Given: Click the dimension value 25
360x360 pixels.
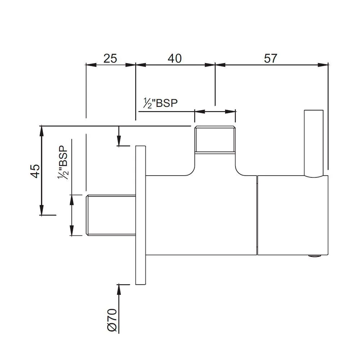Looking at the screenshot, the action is click(110, 59).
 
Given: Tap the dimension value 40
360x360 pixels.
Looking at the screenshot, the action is click(175, 59).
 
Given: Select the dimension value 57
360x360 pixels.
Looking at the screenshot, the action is click(271, 59).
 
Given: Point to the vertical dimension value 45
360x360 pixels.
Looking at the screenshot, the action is click(35, 171).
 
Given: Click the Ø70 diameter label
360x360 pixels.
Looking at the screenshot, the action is click(112, 321).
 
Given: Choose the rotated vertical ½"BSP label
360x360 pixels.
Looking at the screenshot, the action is click(63, 163).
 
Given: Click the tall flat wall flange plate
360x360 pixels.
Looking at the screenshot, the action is click(140, 215).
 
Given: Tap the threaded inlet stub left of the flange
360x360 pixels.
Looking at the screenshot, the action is click(111, 215).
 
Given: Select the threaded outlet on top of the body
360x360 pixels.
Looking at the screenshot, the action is click(215, 139).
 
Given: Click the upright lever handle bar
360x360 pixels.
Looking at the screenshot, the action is click(314, 144).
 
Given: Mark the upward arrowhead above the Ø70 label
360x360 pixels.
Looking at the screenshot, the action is click(119, 290).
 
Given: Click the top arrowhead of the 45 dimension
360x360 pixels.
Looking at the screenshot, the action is click(41, 131).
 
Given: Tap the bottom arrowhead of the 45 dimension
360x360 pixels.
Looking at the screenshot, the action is click(41, 210).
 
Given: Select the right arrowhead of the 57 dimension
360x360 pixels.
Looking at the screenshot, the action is click(323, 65).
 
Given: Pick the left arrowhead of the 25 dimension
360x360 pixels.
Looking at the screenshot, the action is click(91, 65).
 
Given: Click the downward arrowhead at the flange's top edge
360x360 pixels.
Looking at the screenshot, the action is click(119, 140).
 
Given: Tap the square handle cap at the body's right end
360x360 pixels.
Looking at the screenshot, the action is click(293, 215).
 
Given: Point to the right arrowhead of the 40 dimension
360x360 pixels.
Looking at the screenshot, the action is click(210, 65).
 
